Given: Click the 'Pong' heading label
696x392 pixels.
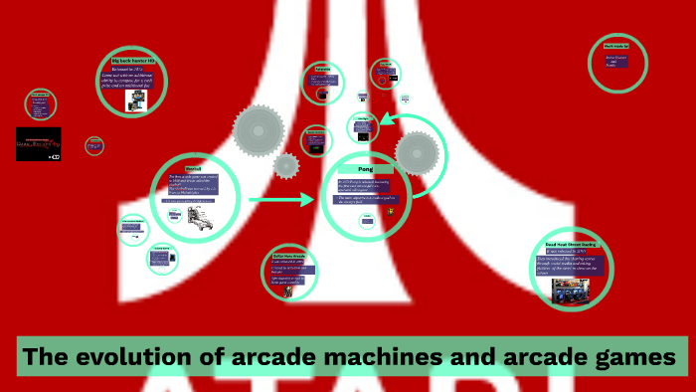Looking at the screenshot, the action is click(x=364, y=170).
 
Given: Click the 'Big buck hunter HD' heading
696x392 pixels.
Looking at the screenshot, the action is click(x=132, y=62).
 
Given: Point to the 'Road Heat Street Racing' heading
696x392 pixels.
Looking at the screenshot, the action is click(x=570, y=243).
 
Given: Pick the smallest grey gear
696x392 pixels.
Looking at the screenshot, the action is click(x=286, y=166).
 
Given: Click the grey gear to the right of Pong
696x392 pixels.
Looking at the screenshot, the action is click(x=417, y=153).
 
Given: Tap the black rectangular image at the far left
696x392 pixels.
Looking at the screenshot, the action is click(x=39, y=143).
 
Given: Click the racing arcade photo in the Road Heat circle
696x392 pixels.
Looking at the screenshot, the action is click(x=571, y=290).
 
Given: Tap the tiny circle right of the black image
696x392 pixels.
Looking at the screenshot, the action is click(x=94, y=145).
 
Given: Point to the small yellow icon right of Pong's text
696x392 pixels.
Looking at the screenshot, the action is click(x=391, y=211).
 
